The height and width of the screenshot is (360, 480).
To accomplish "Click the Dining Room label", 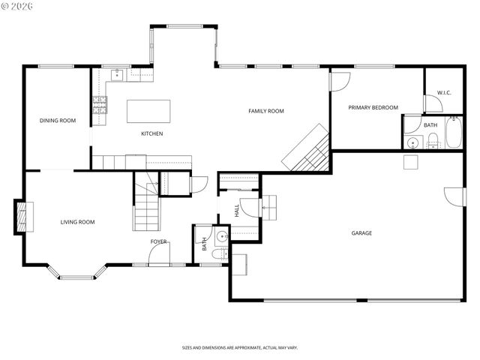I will tap(58, 120).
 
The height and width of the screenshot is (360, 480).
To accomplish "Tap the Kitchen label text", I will tap(152, 134).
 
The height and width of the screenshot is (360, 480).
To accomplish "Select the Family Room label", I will tap(266, 111).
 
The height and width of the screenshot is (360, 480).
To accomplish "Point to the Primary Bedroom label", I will tap(373, 108).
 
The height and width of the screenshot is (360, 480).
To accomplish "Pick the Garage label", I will tap(361, 232).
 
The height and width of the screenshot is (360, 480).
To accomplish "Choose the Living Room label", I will tap(77, 221).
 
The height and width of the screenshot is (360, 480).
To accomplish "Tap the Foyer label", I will tap(158, 241).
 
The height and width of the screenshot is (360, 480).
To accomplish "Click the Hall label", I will tap(236, 212).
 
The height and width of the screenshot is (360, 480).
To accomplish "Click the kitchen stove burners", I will tap(100, 105).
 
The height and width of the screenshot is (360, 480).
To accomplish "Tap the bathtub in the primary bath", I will tap(454, 133).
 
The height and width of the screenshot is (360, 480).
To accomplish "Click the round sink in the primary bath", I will tap(412, 142).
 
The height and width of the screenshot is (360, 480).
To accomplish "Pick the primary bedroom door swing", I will tap(340, 81).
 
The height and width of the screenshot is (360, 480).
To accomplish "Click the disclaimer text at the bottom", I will tap(240, 348).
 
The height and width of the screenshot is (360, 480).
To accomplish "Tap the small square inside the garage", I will tap(409, 161).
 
